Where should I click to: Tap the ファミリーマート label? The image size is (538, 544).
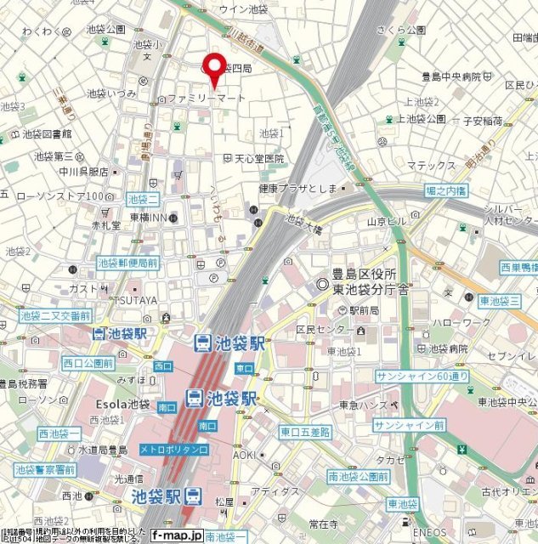click(x=207, y=99)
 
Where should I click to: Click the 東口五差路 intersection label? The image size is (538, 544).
click(x=305, y=432)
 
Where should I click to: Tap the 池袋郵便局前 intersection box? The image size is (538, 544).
click(x=127, y=263)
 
